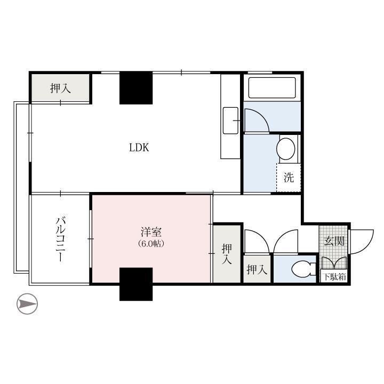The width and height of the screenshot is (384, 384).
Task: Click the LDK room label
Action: pos(139,147)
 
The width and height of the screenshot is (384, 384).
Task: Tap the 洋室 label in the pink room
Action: pos(151,232)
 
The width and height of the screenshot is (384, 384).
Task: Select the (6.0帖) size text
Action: pos(151,244)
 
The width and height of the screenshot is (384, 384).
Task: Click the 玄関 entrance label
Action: pos(334,241)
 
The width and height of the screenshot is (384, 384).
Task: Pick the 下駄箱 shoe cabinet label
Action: pos(334,277)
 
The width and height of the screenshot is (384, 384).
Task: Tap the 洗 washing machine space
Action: pos(289,178)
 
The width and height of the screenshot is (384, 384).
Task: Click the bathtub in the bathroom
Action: pos(272,87)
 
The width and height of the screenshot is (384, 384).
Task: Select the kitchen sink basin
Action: pos(230,121)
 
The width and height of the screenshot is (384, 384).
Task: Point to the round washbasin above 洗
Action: pos(285,149)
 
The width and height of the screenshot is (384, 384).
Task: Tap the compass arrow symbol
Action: pos(27,303)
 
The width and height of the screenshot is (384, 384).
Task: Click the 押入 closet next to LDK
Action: pos(60,88)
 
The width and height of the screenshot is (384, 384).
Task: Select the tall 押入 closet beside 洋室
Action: pos(227,254)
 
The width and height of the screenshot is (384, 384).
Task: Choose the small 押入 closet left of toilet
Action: pos(257,269)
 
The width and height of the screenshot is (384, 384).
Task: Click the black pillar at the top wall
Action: pos(136,88)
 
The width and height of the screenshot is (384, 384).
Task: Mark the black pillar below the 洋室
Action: pos(136,284)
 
